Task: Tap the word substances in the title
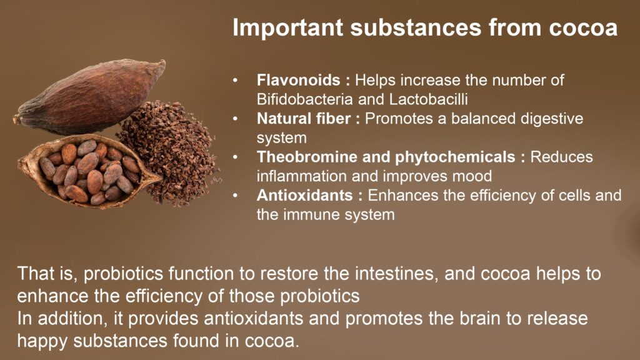tap(416, 27)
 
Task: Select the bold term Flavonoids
tap(298, 80)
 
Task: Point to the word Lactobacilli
tap(428, 99)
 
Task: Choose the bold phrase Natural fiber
tap(304, 118)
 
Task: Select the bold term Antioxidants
tap(304, 195)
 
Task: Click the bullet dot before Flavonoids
tap(235, 81)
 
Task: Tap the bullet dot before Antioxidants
tap(235, 196)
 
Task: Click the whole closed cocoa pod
tap(90, 98)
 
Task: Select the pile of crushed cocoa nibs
tap(169, 151)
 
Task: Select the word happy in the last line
tap(42, 341)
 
